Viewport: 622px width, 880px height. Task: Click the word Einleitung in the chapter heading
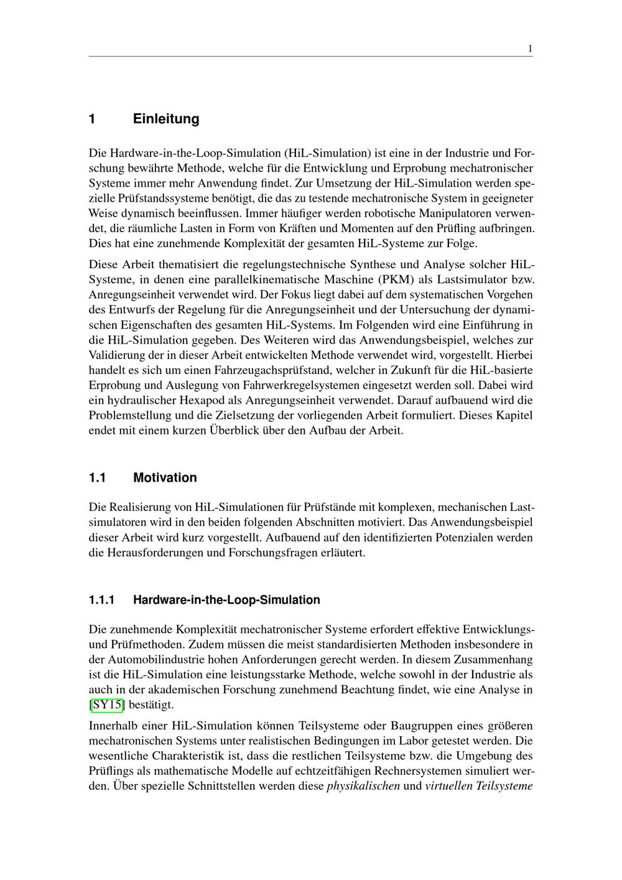166,119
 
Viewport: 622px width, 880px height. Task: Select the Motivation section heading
165,478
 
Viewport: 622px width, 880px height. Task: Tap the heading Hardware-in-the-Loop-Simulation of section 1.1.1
226,600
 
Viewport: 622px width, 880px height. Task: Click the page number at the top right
530,49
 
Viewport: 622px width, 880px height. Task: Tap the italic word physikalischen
363,786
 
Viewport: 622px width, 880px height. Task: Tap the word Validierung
116,355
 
